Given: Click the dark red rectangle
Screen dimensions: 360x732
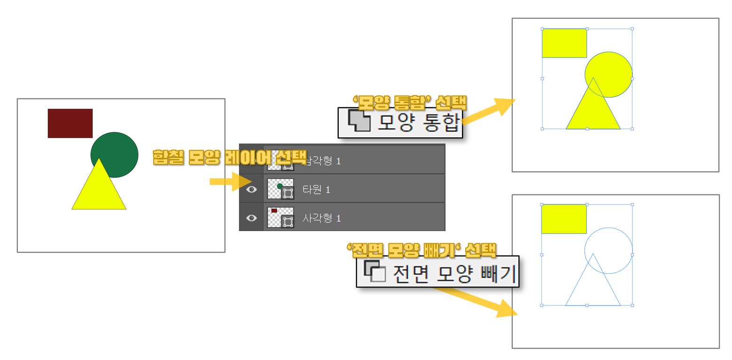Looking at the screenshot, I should [x=70, y=123].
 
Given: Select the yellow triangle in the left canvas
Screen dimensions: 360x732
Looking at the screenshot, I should [x=99, y=191].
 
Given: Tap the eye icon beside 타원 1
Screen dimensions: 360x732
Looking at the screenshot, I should [x=252, y=189].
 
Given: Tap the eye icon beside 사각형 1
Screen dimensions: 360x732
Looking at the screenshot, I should [x=252, y=218].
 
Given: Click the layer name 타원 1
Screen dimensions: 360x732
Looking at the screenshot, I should [x=316, y=189].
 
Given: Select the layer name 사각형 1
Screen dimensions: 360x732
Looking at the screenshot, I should [x=321, y=218].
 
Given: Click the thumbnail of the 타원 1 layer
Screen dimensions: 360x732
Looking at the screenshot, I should [x=280, y=189].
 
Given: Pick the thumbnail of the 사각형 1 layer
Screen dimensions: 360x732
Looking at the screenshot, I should [x=280, y=217].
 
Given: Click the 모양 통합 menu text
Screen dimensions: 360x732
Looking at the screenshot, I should [x=418, y=122].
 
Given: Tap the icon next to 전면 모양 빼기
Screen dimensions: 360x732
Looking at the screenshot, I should [x=375, y=272].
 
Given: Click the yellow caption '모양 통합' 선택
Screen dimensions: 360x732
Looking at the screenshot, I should [x=409, y=101].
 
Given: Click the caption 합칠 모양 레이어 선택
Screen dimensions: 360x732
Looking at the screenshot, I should [x=229, y=157].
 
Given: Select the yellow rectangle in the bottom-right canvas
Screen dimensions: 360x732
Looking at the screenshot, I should [x=564, y=219].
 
